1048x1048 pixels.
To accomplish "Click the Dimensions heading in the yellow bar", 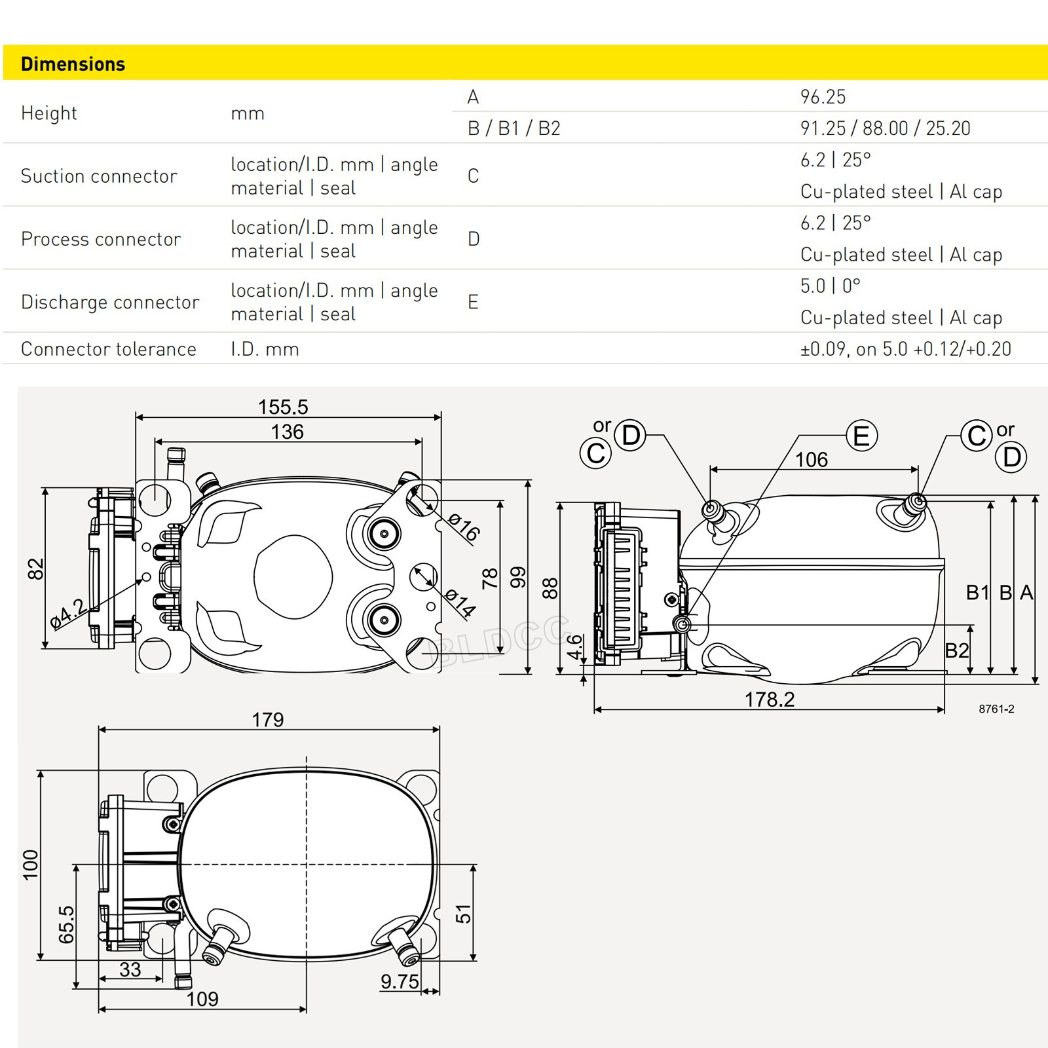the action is [73, 64].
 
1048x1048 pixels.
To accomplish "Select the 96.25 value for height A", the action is [823, 97].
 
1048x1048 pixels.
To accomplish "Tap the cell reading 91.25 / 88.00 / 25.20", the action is [885, 128].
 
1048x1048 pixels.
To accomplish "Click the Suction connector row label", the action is [99, 176].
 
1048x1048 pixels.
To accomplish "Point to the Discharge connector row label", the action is [110, 302].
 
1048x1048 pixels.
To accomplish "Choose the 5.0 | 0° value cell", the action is [830, 286].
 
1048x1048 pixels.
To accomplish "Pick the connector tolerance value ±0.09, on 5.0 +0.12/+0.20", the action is [906, 349].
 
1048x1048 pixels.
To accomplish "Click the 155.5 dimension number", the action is [283, 407].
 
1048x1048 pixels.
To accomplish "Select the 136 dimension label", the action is [288, 432].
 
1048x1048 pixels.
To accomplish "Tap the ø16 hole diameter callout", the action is [464, 527].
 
